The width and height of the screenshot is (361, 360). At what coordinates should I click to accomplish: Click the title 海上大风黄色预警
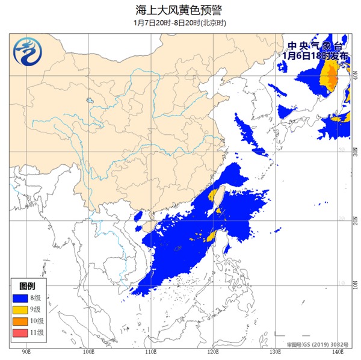[180, 10]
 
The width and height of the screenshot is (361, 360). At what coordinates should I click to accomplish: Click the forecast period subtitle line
[180, 23]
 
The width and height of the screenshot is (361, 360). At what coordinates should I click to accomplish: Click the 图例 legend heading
[27, 285]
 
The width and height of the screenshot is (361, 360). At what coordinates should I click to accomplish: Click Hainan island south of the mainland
[147, 228]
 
